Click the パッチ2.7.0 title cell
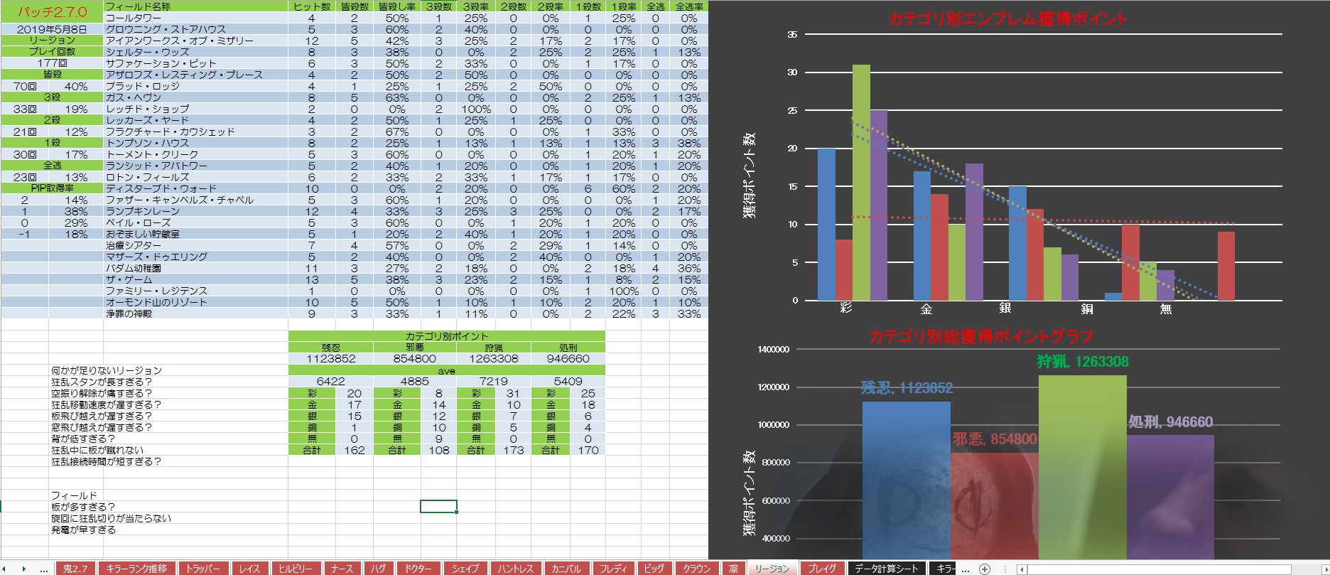[52, 12]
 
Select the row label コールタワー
[134, 18]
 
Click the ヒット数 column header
[311, 6]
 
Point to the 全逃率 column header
[688, 6]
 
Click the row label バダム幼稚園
[134, 268]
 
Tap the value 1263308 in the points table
[494, 359]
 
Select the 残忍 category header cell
[331, 348]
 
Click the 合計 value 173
[513, 450]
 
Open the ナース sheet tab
[342, 569]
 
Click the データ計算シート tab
[886, 569]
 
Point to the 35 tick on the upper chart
[792, 34]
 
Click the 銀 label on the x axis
[1005, 308]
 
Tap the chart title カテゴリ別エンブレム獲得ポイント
[1007, 19]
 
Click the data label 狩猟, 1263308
[1082, 362]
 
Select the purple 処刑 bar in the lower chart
[1170, 498]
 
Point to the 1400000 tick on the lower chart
[773, 350]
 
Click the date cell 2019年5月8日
[52, 29]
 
